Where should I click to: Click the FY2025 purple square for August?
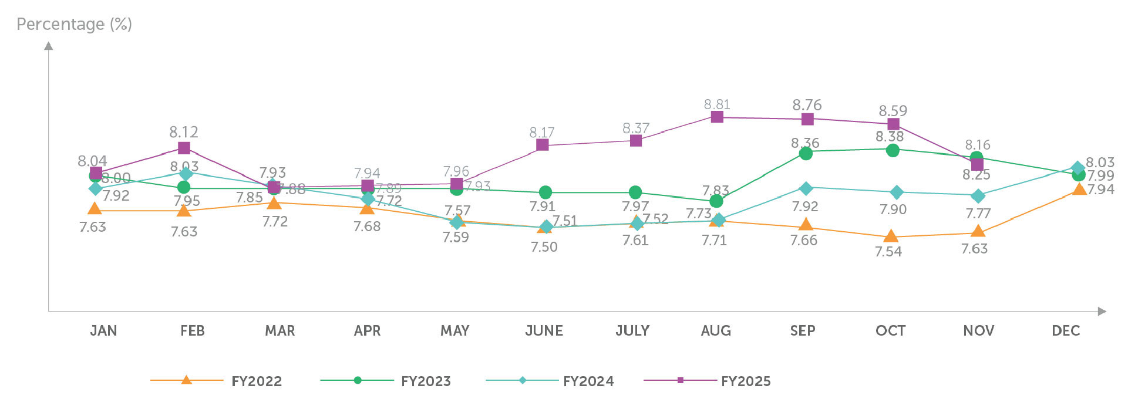pyautogui.click(x=717, y=117)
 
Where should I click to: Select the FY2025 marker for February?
pyautogui.click(x=184, y=148)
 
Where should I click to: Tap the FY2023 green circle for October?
pyautogui.click(x=893, y=150)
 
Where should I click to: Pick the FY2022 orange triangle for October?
pyautogui.click(x=891, y=236)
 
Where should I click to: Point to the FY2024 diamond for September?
pyautogui.click(x=806, y=188)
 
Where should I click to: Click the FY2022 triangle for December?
pyautogui.click(x=1079, y=189)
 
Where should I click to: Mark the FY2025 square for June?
pyautogui.click(x=543, y=144)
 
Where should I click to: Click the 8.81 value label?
pyautogui.click(x=717, y=104)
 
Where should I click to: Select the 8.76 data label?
pyautogui.click(x=807, y=105)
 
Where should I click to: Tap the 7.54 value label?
pyautogui.click(x=888, y=252)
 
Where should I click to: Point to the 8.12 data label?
pyautogui.click(x=184, y=132)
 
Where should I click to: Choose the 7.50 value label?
pyautogui.click(x=544, y=247)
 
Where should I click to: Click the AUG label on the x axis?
pyautogui.click(x=716, y=331)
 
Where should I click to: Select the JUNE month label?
pyautogui.click(x=544, y=331)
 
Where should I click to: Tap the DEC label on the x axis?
pyautogui.click(x=1066, y=331)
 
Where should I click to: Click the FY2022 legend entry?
pyautogui.click(x=257, y=381)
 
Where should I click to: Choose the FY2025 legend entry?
pyautogui.click(x=746, y=381)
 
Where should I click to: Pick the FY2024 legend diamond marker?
pyautogui.click(x=523, y=380)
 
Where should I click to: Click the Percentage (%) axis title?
pyautogui.click(x=74, y=25)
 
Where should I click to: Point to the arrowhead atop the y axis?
pyautogui.click(x=49, y=46)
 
